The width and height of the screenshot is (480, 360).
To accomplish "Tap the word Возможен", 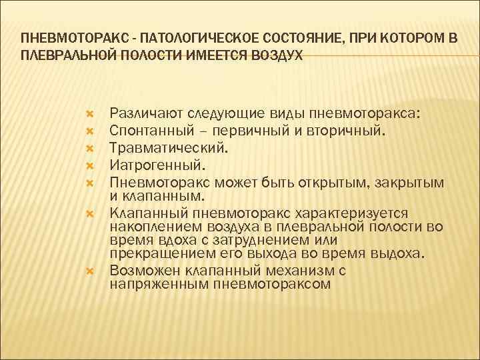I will point(141,271).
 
